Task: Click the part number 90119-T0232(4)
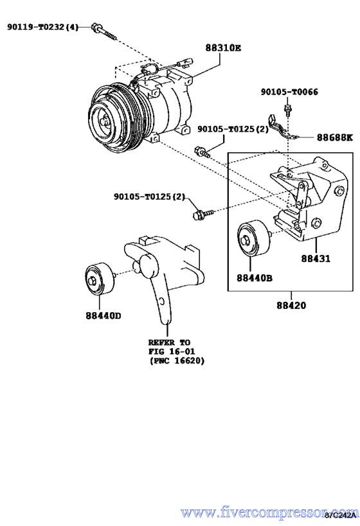tap(42, 27)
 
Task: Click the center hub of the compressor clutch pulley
tap(101, 119)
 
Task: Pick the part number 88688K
tap(334, 137)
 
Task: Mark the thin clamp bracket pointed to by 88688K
tap(282, 130)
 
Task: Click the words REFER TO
tap(170, 342)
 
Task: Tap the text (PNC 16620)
tap(176, 361)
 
